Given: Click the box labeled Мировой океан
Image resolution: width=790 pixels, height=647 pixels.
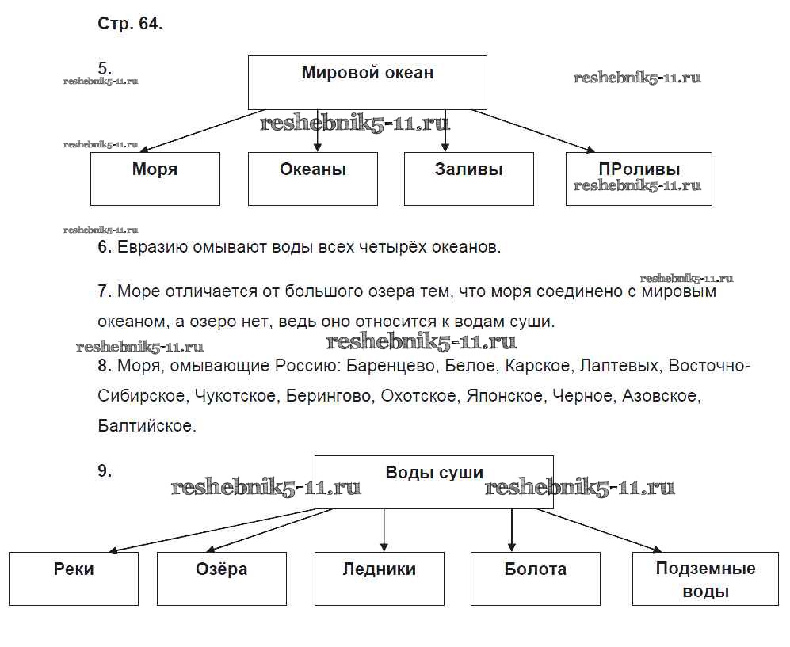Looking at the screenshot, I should [x=367, y=82].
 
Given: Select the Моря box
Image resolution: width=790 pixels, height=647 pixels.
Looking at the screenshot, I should [x=155, y=179].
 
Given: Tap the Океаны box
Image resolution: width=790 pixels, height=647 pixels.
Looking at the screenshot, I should [x=313, y=179].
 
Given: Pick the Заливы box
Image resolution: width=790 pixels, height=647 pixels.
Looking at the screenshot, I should [x=468, y=179].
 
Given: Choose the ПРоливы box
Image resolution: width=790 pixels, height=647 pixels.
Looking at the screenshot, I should [x=639, y=179].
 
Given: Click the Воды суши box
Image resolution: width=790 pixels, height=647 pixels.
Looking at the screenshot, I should [x=433, y=481].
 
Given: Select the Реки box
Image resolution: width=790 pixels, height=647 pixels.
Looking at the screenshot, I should [x=74, y=579].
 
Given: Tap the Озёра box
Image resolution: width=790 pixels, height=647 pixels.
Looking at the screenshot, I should [x=221, y=579].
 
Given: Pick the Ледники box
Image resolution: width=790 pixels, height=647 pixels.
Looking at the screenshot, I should [x=379, y=579].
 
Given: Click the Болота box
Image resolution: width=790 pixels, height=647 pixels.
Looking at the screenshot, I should [x=535, y=579].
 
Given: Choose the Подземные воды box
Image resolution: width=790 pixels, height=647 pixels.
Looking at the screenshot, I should [x=705, y=579].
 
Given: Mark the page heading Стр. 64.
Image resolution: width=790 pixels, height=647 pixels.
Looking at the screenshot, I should [x=130, y=24].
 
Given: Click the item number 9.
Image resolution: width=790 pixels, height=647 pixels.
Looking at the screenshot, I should [x=105, y=470].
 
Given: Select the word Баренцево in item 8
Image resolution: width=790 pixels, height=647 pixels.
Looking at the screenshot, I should [x=393, y=367].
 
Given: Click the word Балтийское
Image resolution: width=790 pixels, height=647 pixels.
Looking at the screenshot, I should [x=146, y=425].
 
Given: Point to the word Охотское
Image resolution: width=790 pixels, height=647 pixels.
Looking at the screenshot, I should [x=419, y=396].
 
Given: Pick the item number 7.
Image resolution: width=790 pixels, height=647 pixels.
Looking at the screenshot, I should [x=105, y=291].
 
